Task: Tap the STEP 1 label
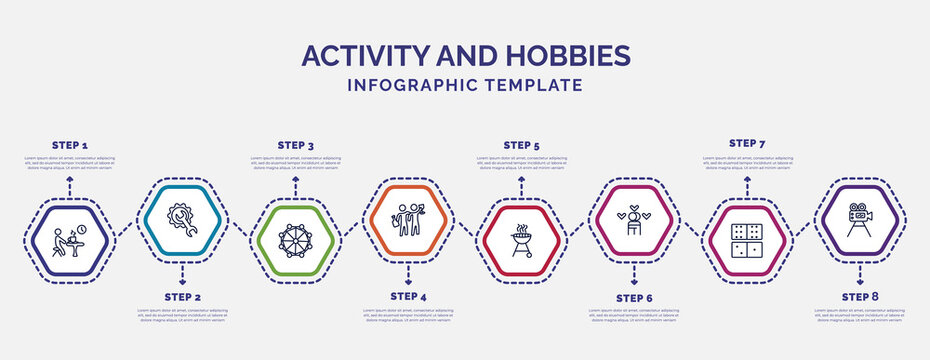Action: tap(69, 145)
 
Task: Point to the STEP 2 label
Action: tap(182, 297)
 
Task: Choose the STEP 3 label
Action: tap(295, 145)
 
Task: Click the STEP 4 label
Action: tap(408, 297)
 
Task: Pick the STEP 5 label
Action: tap(521, 145)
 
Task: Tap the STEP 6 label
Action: tap(634, 297)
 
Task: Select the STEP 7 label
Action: tap(747, 143)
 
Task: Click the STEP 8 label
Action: tap(860, 297)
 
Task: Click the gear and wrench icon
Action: tap(182, 218)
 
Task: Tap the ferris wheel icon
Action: tap(295, 241)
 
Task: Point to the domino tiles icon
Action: tap(747, 241)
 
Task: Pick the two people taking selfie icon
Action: tap(408, 218)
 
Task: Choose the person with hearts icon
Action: tap(634, 218)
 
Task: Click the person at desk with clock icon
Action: tap(69, 241)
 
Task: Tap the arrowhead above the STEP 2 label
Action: tap(182, 267)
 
